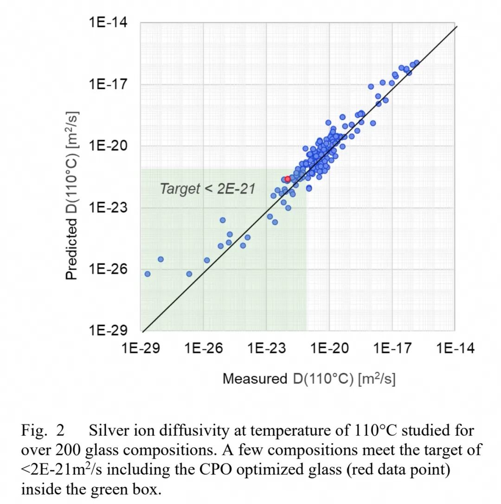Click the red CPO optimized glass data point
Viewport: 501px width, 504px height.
click(288, 179)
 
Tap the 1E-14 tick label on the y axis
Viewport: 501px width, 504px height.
click(108, 23)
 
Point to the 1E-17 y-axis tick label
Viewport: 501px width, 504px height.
click(108, 84)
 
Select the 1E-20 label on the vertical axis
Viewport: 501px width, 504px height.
click(108, 146)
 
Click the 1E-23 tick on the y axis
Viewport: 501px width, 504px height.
click(108, 207)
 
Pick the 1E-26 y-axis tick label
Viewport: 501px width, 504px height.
click(108, 269)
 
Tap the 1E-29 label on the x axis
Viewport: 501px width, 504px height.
click(141, 348)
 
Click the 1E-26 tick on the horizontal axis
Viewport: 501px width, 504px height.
click(204, 348)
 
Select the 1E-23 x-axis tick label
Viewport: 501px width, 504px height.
click(267, 348)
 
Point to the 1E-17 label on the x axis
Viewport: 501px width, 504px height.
click(392, 348)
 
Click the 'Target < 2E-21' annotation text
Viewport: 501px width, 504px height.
click(208, 189)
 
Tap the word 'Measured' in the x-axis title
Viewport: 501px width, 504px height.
click(255, 379)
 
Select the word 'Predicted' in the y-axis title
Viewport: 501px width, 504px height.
click(71, 249)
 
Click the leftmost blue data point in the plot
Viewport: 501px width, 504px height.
click(147, 274)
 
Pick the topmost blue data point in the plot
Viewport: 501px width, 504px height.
click(417, 63)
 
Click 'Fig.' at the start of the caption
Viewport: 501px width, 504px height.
click(34, 431)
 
